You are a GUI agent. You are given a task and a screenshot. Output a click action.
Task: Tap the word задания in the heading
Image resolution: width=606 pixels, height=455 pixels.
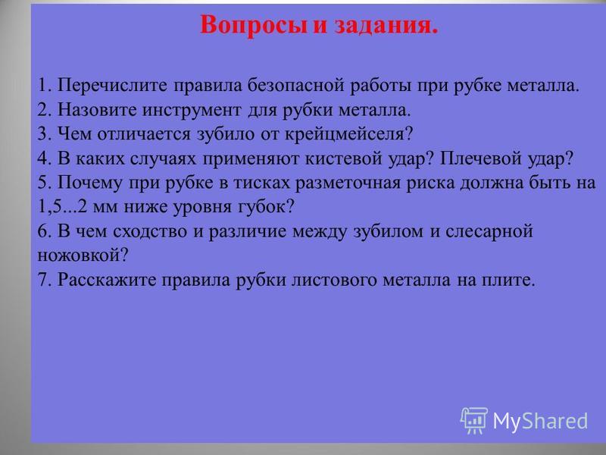386,27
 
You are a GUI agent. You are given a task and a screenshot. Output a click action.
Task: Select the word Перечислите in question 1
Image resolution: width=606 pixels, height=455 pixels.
112,86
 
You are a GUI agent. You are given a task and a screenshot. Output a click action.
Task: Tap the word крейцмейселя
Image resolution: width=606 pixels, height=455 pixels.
349,135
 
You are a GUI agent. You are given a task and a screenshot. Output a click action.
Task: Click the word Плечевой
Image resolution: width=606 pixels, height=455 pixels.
480,158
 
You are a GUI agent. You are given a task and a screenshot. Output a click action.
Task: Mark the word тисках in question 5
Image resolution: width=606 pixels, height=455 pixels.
261,183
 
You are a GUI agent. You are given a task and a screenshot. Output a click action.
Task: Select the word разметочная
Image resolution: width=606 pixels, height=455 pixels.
348,184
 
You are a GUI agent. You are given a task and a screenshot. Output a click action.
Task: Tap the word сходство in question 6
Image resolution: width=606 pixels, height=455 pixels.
153,232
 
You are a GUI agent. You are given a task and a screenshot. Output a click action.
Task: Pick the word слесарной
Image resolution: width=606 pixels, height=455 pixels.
489,232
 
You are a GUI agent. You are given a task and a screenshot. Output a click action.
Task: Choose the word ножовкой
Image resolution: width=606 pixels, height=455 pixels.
83,256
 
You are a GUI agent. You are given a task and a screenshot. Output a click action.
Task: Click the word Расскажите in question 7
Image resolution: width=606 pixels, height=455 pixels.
106,280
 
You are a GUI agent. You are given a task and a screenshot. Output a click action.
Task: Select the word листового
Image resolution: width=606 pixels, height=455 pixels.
333,280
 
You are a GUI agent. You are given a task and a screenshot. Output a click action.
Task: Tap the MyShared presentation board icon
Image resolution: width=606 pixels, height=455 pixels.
474,420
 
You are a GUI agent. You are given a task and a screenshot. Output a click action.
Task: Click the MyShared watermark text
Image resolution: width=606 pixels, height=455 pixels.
540,421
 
